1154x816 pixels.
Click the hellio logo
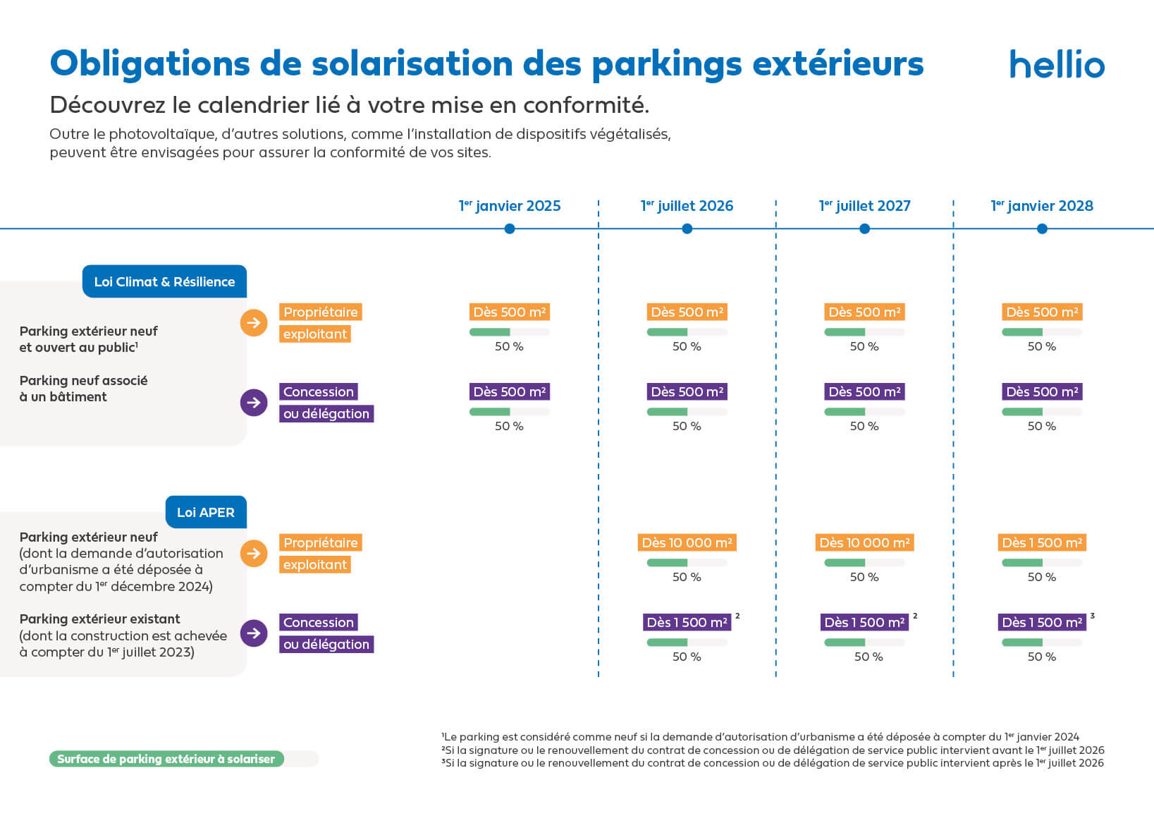(x=1056, y=64)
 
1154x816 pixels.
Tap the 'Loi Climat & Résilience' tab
(x=164, y=281)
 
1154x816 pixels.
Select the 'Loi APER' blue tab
(x=206, y=512)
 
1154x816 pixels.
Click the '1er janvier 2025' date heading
(x=510, y=206)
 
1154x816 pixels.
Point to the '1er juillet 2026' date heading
(x=687, y=206)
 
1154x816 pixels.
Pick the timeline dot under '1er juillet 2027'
(x=864, y=229)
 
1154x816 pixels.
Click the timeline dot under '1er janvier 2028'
(x=1042, y=229)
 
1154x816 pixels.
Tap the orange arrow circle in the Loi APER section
(x=254, y=553)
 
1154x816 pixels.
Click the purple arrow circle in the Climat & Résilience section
(x=254, y=403)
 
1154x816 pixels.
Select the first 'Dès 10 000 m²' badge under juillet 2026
(x=687, y=542)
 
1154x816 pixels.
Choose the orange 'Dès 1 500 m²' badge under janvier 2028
(x=1042, y=542)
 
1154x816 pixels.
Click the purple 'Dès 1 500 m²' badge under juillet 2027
(x=864, y=622)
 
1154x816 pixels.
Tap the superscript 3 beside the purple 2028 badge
(x=1093, y=616)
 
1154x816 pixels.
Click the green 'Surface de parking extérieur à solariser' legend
(x=166, y=759)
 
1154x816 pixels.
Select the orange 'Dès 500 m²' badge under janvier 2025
(x=510, y=312)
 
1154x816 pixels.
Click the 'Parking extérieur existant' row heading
(x=99, y=619)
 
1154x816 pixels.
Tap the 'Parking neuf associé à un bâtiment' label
(x=83, y=389)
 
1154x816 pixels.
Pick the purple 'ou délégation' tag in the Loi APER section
(x=326, y=644)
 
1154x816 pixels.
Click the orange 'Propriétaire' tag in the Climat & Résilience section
(x=320, y=312)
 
